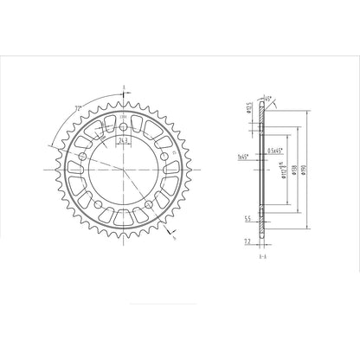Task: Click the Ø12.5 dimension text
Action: click(250, 108)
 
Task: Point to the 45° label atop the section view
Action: click(269, 100)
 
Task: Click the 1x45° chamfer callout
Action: click(242, 159)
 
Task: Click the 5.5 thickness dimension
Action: click(247, 219)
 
